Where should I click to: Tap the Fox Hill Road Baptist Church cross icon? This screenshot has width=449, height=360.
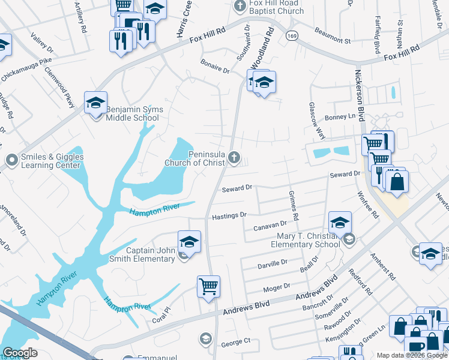pos(240,7)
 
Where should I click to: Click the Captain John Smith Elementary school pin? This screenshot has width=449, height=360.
pos(189,242)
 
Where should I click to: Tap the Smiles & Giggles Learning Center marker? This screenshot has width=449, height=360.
pos(11,160)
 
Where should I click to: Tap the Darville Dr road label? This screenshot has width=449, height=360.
pos(273,264)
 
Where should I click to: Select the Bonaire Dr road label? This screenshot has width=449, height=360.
pos(215,70)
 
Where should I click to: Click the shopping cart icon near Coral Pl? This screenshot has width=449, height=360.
pos(208,286)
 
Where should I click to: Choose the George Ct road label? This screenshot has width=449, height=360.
pos(235,343)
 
